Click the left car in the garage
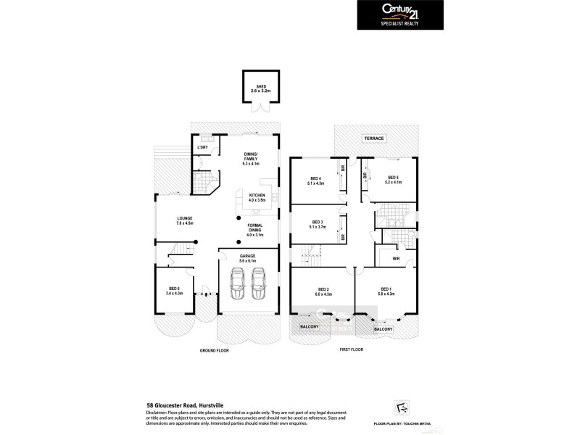click(237, 283)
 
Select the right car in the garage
click(259, 283)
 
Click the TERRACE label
click(375, 138)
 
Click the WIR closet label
click(396, 257)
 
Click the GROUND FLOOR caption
click(215, 349)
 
